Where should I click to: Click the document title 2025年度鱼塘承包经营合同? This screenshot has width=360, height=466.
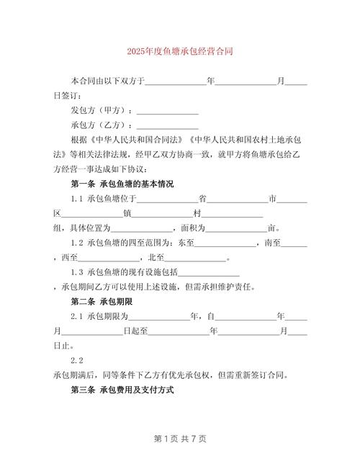coord(179,52)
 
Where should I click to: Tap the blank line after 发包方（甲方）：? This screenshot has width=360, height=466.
coord(167,111)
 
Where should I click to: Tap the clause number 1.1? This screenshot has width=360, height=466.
coord(77,199)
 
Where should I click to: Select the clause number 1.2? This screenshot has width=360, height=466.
coord(77,243)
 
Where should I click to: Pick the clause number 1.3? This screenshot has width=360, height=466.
coord(77,272)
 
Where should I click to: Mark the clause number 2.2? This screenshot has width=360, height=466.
coord(77,360)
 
